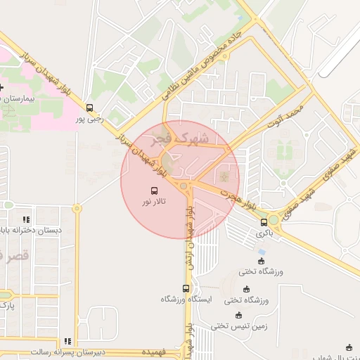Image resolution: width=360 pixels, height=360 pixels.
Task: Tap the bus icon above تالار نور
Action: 154,191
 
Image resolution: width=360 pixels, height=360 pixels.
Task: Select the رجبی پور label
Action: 90,120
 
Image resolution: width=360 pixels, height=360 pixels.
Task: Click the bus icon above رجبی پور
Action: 89,108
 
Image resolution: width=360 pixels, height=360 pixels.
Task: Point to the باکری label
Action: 264,233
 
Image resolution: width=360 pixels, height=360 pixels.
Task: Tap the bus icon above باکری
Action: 264,222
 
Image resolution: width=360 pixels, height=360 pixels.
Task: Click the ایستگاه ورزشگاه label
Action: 186,300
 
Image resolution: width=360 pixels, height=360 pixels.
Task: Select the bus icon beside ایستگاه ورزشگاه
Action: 186,288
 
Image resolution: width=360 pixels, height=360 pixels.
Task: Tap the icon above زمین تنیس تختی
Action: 239,314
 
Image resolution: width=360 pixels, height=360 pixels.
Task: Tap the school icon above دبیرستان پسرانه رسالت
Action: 67,341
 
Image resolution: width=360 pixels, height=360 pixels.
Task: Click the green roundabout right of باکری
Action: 273,221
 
